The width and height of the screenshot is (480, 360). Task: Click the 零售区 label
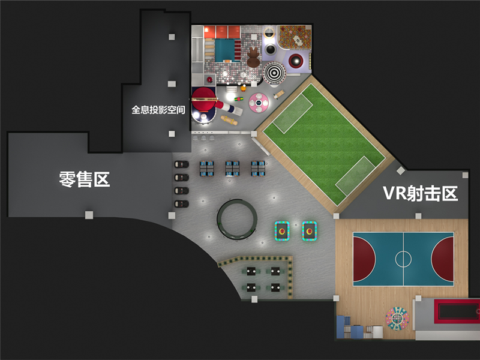(x=85, y=179)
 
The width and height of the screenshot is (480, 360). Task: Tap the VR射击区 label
(x=420, y=193)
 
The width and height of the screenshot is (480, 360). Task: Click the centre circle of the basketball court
(x=403, y=259)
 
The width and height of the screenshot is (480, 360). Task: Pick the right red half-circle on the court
(x=444, y=259)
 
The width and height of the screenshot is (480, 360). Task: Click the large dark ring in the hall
(x=237, y=219)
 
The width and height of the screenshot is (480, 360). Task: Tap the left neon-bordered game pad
(x=282, y=230)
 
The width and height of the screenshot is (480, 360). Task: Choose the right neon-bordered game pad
(x=310, y=230)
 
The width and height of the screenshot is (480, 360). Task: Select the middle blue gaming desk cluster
(x=233, y=169)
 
